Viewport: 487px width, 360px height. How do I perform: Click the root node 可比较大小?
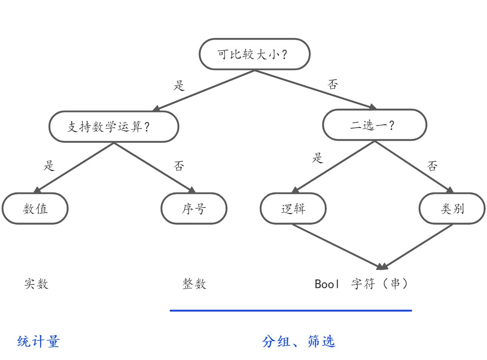click(x=254, y=54)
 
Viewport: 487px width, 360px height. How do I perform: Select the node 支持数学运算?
click(x=114, y=127)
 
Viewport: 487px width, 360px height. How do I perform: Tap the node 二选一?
click(x=374, y=125)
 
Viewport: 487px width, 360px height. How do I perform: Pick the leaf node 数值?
click(x=35, y=209)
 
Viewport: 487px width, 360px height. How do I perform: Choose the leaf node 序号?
click(x=194, y=209)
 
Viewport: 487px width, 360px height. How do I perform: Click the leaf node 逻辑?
click(x=293, y=209)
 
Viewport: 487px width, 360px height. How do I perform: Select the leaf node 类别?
click(x=452, y=209)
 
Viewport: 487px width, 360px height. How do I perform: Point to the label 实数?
click(x=36, y=284)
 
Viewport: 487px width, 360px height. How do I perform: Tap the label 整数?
click(x=194, y=284)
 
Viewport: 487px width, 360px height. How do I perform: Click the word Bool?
click(x=327, y=284)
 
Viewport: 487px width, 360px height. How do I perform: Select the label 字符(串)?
click(x=380, y=284)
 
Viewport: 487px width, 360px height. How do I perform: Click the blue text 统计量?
click(x=38, y=341)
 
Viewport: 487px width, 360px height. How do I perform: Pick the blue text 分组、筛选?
click(x=299, y=341)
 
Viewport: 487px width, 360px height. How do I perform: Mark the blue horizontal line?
click(x=291, y=310)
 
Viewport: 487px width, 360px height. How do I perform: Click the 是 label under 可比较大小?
click(x=179, y=86)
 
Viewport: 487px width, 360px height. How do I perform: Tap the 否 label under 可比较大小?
click(x=333, y=85)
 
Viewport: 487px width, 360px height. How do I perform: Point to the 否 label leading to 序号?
click(x=179, y=166)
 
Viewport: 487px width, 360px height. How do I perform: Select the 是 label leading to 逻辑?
click(x=318, y=158)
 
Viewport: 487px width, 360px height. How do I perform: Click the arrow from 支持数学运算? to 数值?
click(x=74, y=167)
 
